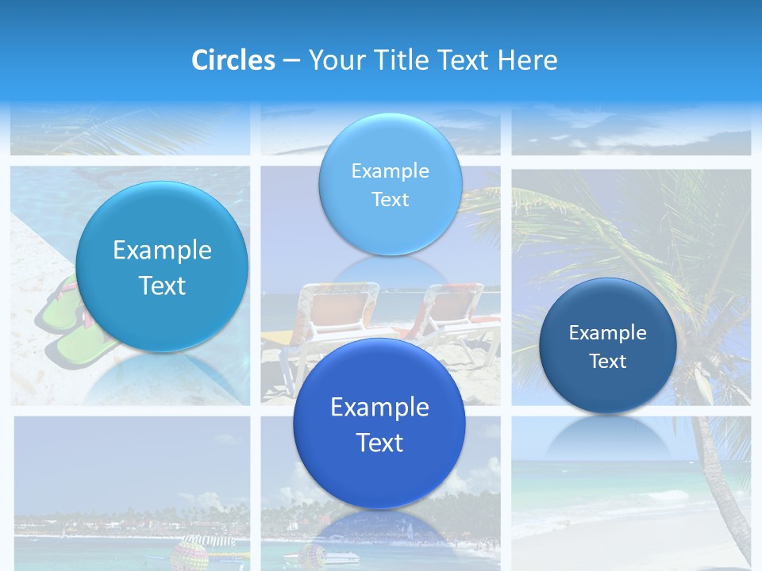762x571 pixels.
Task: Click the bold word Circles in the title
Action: pyautogui.click(x=233, y=60)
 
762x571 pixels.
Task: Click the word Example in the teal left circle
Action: pyautogui.click(x=162, y=251)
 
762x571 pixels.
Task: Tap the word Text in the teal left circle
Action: pyautogui.click(x=162, y=285)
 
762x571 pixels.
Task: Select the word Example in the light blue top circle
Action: pyautogui.click(x=390, y=171)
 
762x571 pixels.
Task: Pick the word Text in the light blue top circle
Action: pyautogui.click(x=390, y=200)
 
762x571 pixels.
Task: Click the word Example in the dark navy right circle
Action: pyautogui.click(x=607, y=333)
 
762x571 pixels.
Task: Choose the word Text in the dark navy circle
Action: pyautogui.click(x=607, y=362)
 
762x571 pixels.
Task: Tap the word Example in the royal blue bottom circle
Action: pyautogui.click(x=379, y=408)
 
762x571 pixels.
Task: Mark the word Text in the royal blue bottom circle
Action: pyautogui.click(x=379, y=443)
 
